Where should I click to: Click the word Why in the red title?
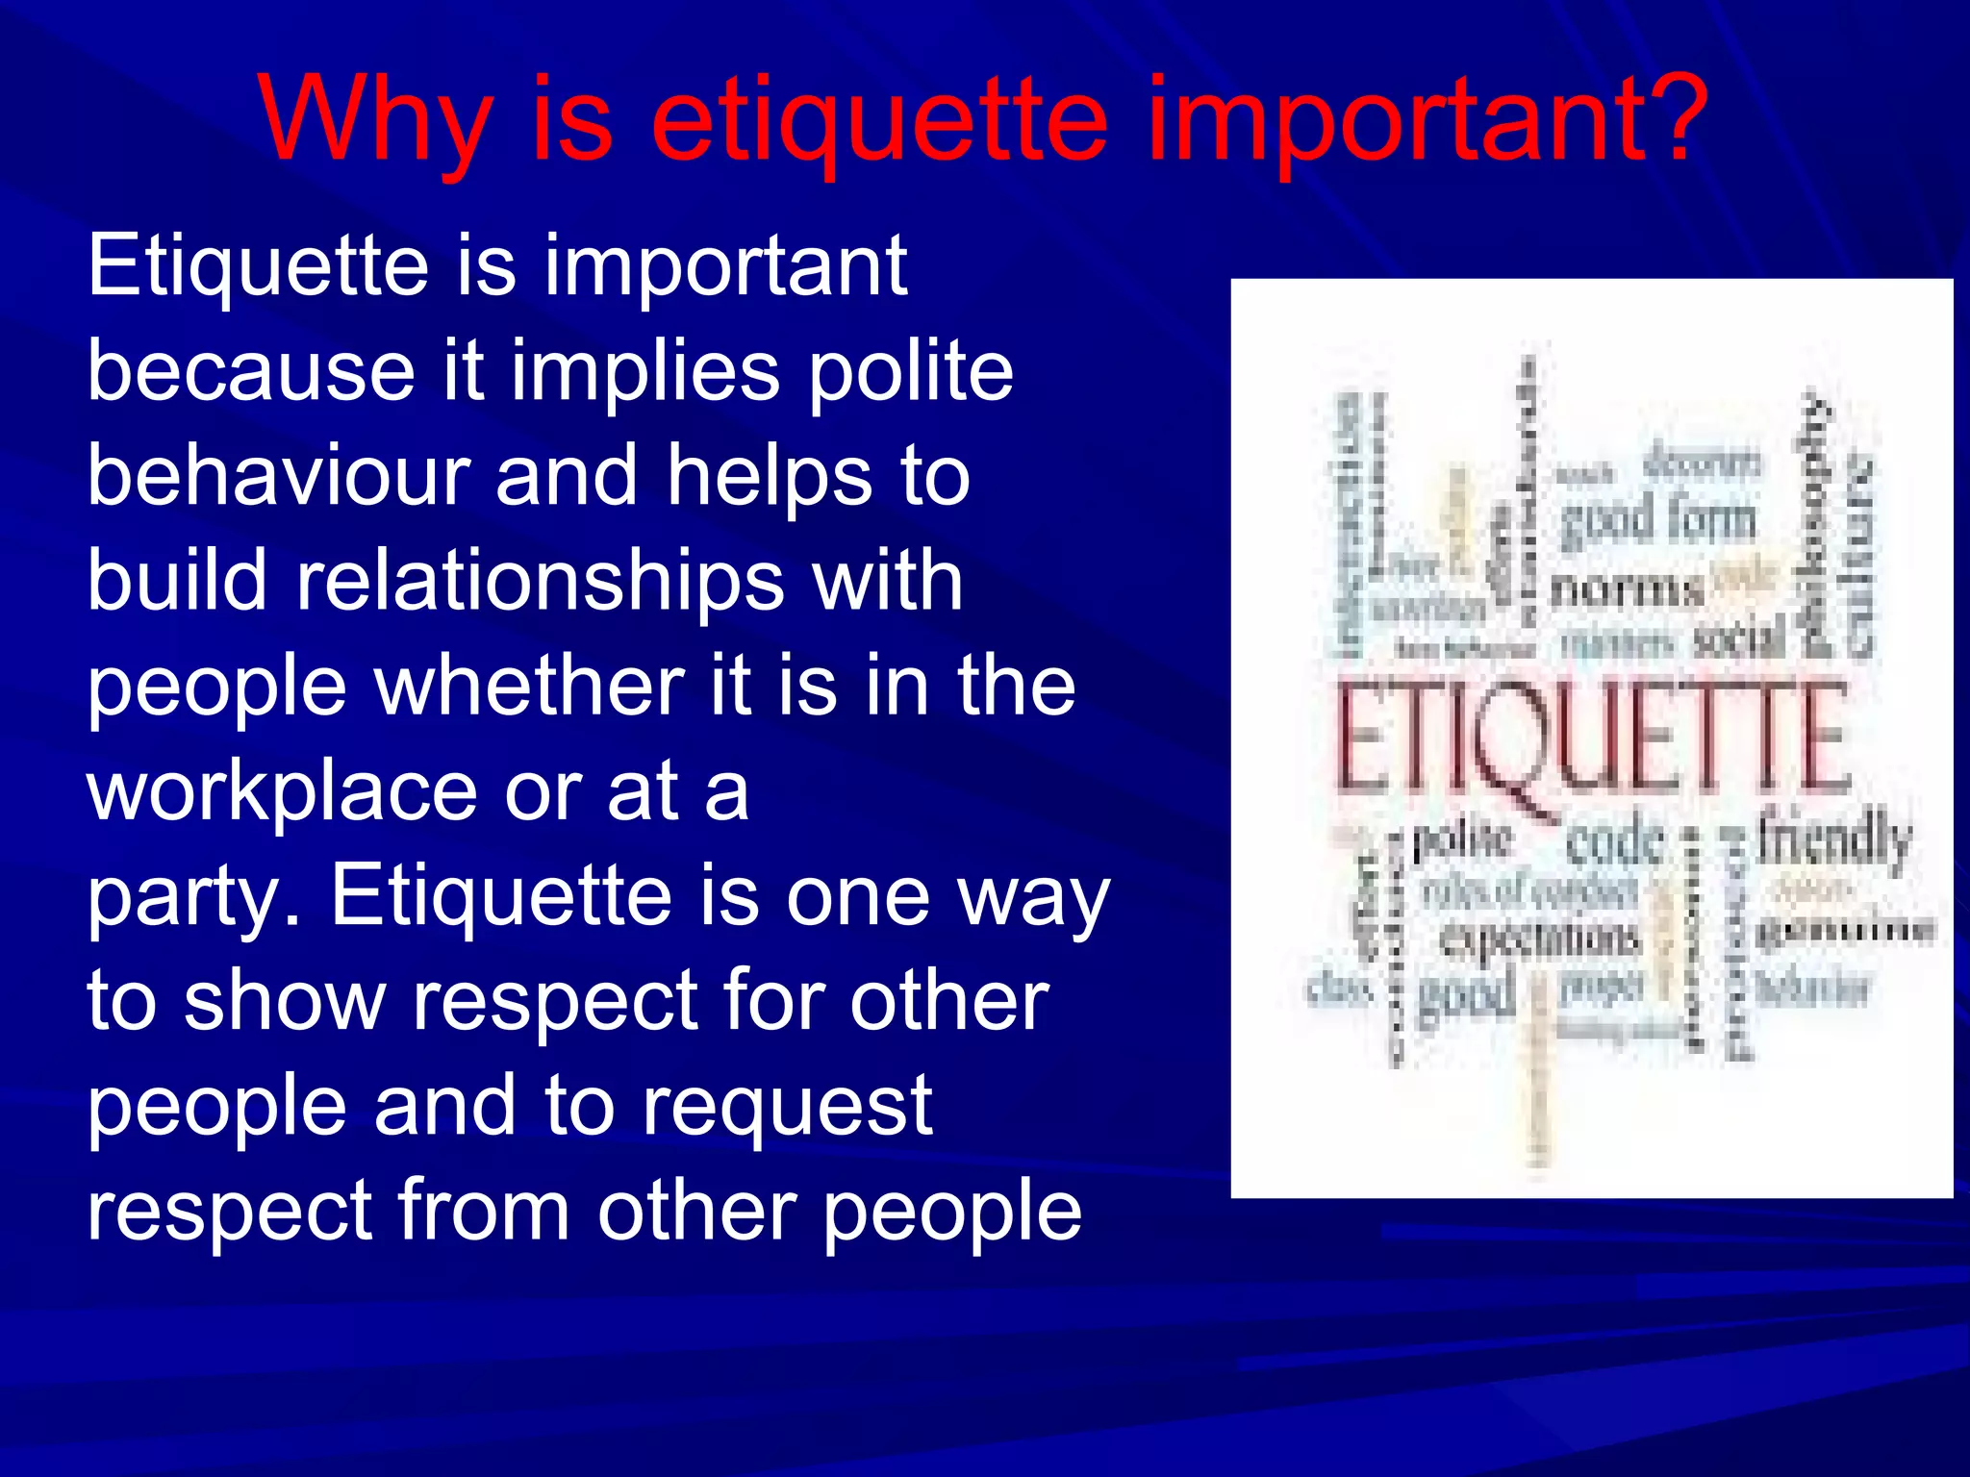pos(374,123)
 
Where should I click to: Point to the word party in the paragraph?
pos(187,898)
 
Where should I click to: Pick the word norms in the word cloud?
pos(1627,588)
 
